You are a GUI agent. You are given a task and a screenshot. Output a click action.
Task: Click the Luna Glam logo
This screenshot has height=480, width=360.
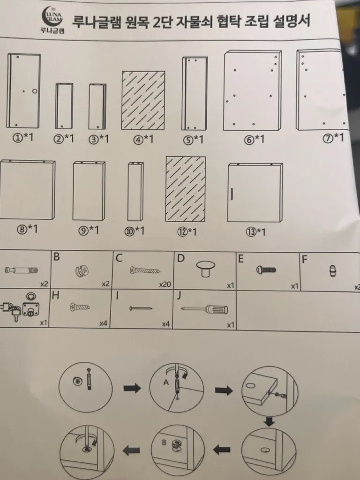pos(53,19)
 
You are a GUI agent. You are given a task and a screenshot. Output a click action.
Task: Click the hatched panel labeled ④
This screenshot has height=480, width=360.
pos(143,101)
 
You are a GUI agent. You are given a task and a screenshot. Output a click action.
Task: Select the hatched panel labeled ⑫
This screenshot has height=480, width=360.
pos(186,189)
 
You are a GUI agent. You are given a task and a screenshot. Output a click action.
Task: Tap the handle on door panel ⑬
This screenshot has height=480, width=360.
pos(232,194)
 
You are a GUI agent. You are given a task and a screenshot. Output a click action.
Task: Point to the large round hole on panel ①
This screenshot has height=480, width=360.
pos(35,91)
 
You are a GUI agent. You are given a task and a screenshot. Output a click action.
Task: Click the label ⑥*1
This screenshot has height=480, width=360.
pos(254,140)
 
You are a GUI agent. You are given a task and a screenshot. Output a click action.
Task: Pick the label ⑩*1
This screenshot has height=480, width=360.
pos(134,231)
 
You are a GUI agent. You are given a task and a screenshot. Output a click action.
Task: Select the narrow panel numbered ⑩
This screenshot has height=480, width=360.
pos(135,191)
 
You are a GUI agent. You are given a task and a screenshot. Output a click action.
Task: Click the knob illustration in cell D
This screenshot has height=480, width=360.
pos(205,269)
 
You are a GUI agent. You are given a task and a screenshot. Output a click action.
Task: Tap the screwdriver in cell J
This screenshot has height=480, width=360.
pos(204,309)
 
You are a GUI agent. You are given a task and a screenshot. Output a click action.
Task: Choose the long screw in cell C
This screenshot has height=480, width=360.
pos(145,270)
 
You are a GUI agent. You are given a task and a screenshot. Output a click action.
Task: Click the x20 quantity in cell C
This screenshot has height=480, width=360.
pos(165,285)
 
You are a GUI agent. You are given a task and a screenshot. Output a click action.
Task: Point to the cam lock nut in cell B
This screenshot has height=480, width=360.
pos(82,271)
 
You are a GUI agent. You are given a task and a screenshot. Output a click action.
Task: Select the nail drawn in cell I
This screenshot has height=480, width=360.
pos(141,308)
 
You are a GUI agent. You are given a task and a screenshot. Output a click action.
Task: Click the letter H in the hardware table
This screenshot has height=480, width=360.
pos(55,295)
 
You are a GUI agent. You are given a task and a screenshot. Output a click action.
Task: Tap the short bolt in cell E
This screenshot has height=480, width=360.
pos(266,270)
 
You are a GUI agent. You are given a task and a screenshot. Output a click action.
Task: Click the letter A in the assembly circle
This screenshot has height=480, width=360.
pos(166,382)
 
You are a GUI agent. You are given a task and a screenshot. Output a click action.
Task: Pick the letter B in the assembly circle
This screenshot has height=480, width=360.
pos(164,442)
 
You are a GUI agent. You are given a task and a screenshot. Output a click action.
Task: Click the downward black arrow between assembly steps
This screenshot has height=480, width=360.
pos(270,422)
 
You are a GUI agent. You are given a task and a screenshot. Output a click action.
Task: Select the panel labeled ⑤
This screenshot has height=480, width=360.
pos(195,93)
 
